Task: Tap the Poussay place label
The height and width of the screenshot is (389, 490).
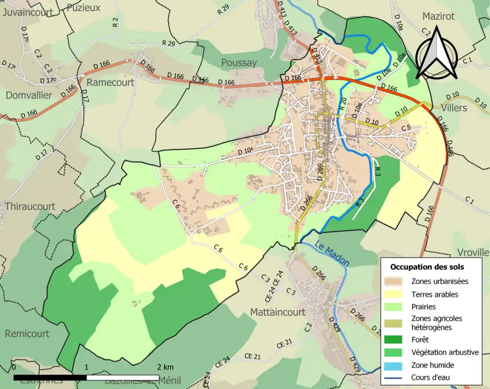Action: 239,63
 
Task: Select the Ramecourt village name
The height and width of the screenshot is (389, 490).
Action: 110,82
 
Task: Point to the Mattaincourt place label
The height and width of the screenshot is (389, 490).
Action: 277,312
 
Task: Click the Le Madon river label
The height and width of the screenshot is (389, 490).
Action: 331,253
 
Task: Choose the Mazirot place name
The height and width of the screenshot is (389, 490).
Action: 438,16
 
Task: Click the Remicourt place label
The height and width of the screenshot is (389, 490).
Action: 27,333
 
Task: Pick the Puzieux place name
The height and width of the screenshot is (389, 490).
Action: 83,8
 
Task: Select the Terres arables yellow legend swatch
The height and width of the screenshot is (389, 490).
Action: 396,295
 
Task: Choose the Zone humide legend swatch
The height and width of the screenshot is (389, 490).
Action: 396,366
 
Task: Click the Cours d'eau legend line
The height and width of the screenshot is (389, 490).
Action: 396,378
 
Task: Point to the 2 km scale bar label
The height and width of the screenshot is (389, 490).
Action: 165,367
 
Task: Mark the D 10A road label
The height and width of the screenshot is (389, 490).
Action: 245,151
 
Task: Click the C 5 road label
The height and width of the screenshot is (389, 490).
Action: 406,127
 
